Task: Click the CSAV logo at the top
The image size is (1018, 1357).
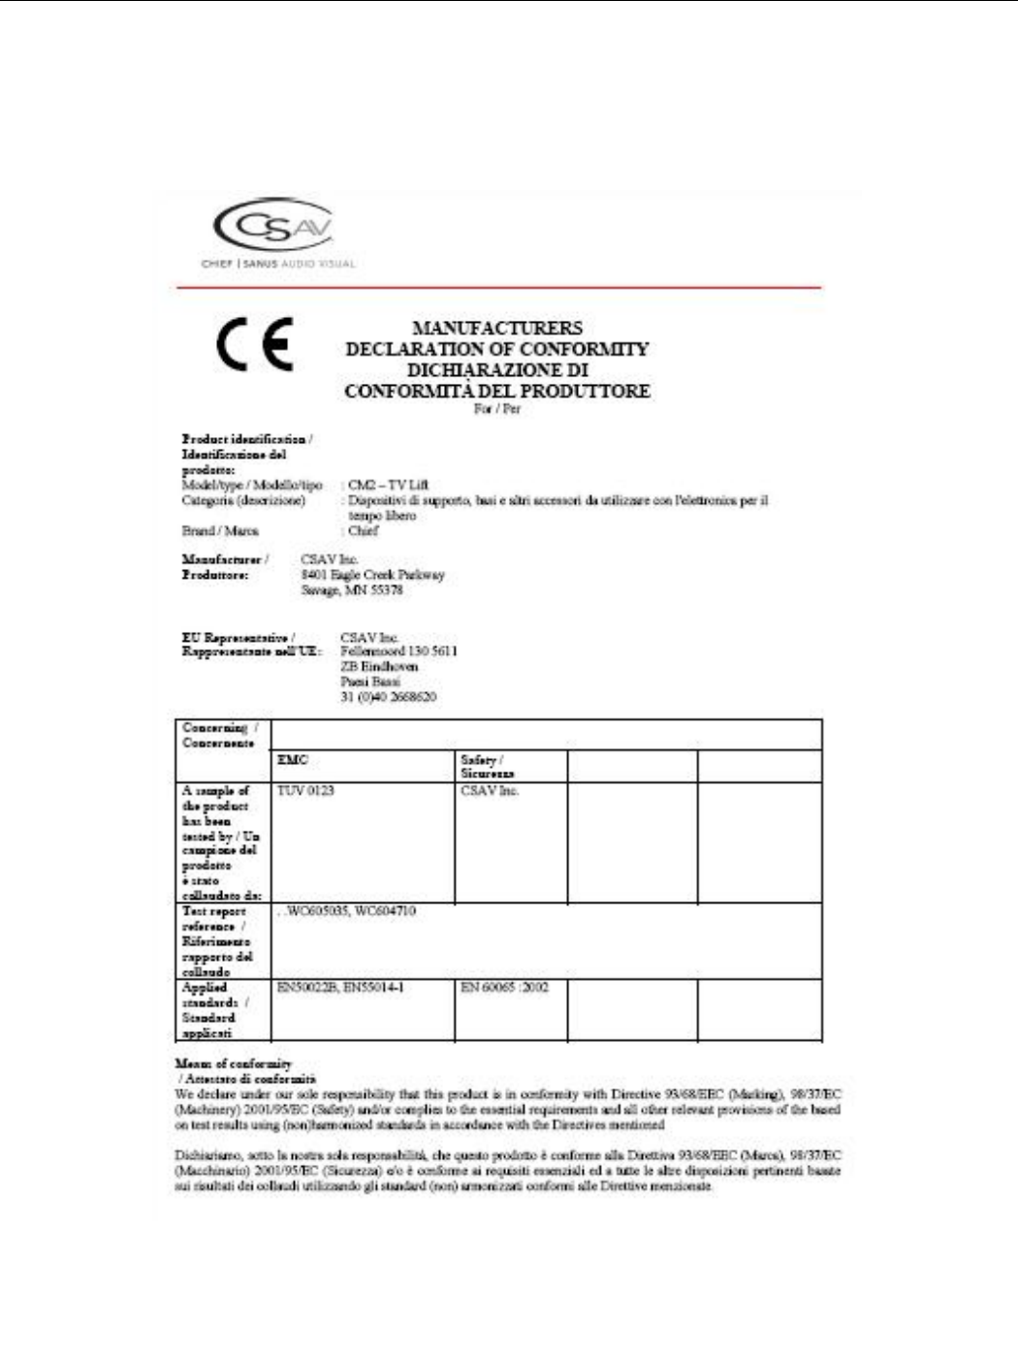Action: pyautogui.click(x=273, y=229)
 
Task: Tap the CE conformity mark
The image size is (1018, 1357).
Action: pyautogui.click(x=254, y=345)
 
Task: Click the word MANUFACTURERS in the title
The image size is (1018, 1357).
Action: pyautogui.click(x=497, y=329)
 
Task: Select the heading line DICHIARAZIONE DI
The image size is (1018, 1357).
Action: pyautogui.click(x=497, y=370)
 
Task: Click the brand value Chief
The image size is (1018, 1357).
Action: pyautogui.click(x=364, y=531)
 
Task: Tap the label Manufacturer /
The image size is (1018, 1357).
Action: pyautogui.click(x=225, y=559)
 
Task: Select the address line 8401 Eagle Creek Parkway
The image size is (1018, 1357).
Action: pyautogui.click(x=372, y=575)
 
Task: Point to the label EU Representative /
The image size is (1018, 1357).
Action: pyautogui.click(x=238, y=638)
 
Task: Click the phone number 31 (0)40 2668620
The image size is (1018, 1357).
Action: pyautogui.click(x=388, y=697)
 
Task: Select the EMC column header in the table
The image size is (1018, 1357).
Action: pyautogui.click(x=293, y=760)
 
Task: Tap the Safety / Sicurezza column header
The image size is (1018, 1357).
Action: pyautogui.click(x=487, y=767)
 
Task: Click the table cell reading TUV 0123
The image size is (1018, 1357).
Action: pyautogui.click(x=305, y=791)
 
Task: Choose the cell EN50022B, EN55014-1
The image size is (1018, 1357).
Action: pyautogui.click(x=340, y=987)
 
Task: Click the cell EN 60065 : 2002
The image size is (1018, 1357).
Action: pyautogui.click(x=504, y=987)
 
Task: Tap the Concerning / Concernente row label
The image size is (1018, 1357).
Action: pyautogui.click(x=220, y=735)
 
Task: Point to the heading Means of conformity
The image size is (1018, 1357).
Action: pyautogui.click(x=234, y=1063)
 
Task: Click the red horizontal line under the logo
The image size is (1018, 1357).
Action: pyautogui.click(x=498, y=288)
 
